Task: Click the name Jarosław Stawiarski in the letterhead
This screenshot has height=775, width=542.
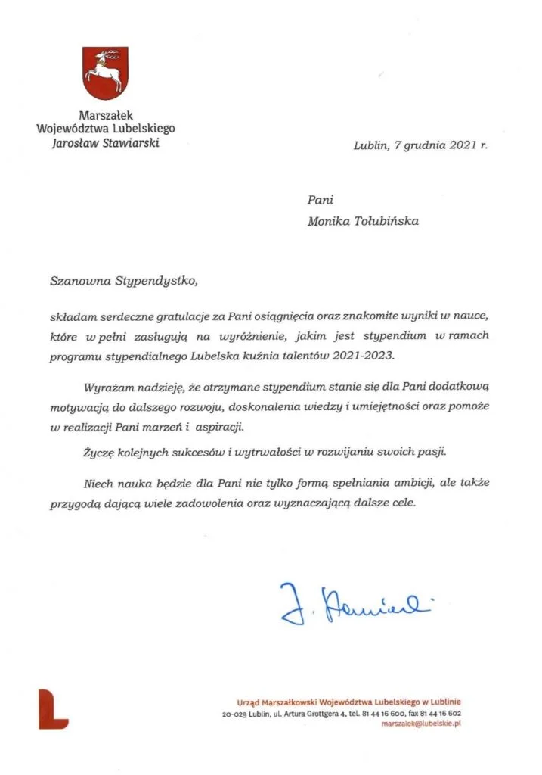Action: pyautogui.click(x=105, y=142)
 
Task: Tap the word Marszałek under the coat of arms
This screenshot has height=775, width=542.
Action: pyautogui.click(x=105, y=115)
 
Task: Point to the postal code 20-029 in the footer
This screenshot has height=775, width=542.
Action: pyautogui.click(x=236, y=713)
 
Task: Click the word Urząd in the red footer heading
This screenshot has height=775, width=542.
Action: pyautogui.click(x=249, y=701)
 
